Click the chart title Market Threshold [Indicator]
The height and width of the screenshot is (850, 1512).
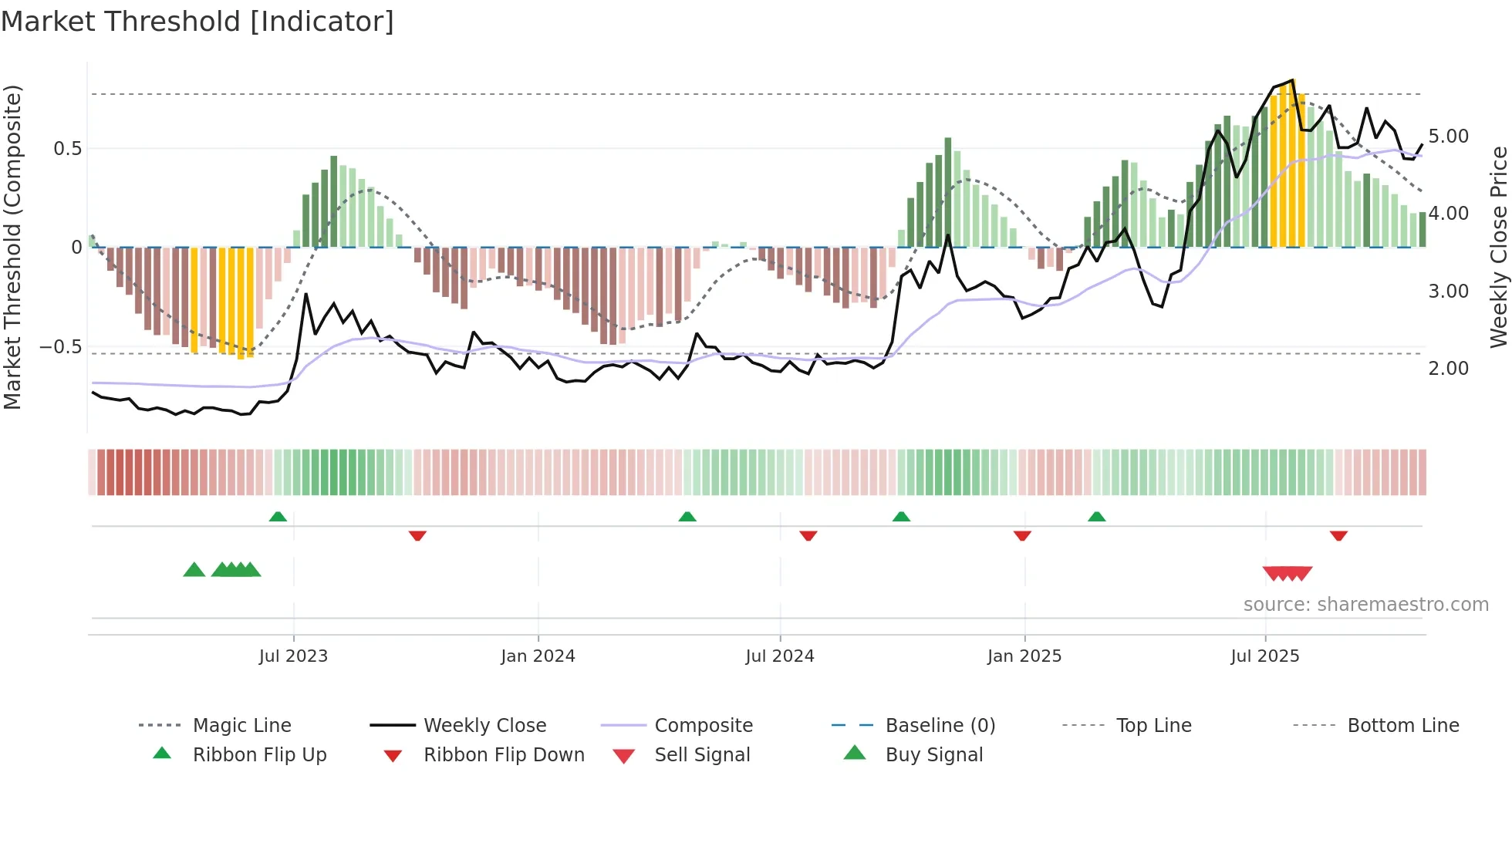197,22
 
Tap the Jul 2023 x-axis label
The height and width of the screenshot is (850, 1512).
293,656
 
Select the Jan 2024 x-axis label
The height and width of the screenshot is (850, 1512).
538,656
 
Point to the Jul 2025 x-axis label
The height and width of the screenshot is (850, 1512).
1264,656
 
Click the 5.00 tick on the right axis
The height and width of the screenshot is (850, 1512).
1448,137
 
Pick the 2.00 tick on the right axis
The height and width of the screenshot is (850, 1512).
1448,369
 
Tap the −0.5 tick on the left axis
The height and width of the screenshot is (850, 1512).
60,347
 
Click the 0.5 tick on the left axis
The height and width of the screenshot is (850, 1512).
67,149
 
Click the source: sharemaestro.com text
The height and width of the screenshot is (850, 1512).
1365,605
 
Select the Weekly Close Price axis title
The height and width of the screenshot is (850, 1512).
1498,247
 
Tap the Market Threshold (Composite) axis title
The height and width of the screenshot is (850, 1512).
12,247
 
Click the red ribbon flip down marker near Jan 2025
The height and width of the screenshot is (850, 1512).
1022,535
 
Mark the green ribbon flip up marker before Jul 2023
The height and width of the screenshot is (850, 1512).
278,517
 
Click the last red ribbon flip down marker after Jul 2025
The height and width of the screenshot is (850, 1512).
1338,535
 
